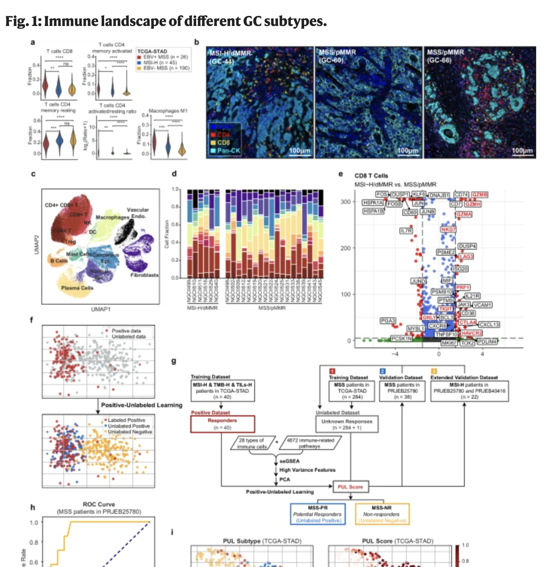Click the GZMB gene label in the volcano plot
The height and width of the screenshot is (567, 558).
pos(480,195)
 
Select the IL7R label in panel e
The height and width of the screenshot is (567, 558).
pos(406,231)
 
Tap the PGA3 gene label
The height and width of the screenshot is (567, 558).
pos(388,321)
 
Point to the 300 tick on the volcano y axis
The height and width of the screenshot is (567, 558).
pos(346,202)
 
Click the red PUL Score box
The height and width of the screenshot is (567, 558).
pos(350,487)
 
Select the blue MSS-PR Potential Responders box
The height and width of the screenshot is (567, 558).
pos(318,514)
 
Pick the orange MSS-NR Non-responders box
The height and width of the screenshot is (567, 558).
pos(382,514)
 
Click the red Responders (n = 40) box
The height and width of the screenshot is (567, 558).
pos(222,424)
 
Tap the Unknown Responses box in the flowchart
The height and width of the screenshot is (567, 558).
pos(347,424)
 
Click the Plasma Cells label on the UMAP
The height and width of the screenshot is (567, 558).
pos(77,288)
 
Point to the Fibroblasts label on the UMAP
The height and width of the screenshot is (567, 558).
pos(144,275)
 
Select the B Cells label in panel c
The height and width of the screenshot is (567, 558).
pos(59,261)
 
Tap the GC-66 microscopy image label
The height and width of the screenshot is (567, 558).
pos(439,60)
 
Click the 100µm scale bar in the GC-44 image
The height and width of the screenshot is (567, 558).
pos(299,151)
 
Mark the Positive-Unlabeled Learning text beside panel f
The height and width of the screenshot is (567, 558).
pos(141,405)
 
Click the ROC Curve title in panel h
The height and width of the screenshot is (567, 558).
pos(99,504)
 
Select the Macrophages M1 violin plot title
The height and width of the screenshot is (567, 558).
pos(168,111)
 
